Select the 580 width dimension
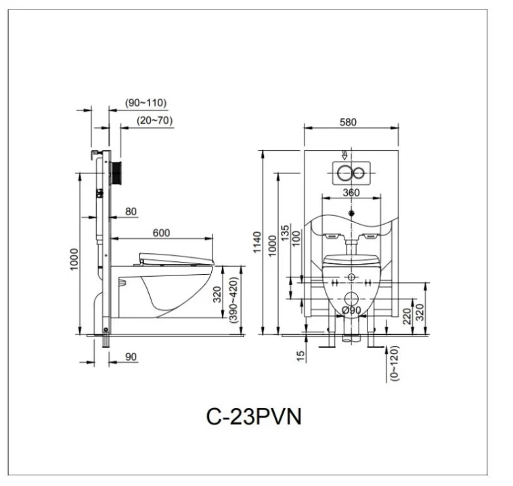coord(348,123)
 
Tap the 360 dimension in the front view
coord(351,192)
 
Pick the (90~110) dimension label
coord(146,103)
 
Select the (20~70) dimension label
coord(154,120)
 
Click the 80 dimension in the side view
coord(131,211)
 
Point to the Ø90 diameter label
coord(351,311)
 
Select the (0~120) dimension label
coord(395,365)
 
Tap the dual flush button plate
coord(351,173)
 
